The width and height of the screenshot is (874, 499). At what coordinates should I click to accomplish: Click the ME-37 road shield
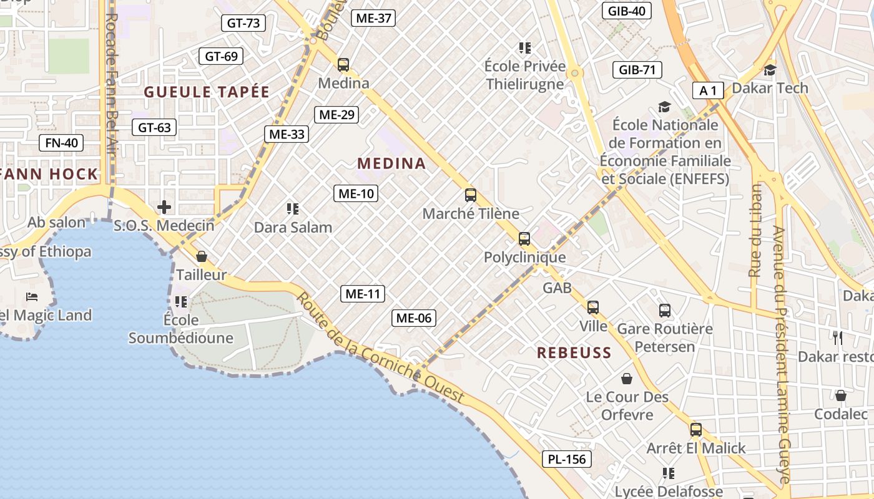pos(373,18)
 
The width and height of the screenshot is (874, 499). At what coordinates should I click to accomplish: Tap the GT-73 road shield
pos(243,23)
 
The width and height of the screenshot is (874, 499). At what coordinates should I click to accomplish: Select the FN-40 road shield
pos(61,143)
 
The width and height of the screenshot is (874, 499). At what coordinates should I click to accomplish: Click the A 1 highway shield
pos(708,91)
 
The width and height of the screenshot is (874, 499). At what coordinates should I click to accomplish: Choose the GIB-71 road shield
pos(637,70)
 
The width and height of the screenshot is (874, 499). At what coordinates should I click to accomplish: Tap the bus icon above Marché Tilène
pos(471,195)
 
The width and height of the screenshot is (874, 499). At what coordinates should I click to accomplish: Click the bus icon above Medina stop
pos(343,64)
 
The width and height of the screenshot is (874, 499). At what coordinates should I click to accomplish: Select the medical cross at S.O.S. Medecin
pos(164,206)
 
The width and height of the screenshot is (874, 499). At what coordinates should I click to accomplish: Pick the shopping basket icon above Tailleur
pos(201,256)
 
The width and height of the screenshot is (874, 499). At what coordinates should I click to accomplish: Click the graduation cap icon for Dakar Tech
pos(770,70)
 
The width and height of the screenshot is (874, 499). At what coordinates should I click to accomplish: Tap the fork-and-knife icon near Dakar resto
pos(838,338)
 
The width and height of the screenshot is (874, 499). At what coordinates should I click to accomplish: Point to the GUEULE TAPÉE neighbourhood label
pos(207,92)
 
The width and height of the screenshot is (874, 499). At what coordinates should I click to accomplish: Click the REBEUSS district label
pos(574,353)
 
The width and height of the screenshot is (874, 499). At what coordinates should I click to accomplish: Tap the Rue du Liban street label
pos(755,231)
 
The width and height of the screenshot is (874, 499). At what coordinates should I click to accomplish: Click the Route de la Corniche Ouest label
pos(380,348)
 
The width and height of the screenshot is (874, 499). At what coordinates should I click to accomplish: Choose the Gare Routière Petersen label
pos(664,337)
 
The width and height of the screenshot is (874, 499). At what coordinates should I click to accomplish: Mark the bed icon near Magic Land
pos(32,296)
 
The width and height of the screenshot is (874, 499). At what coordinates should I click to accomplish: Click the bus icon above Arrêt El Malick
pos(696,430)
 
